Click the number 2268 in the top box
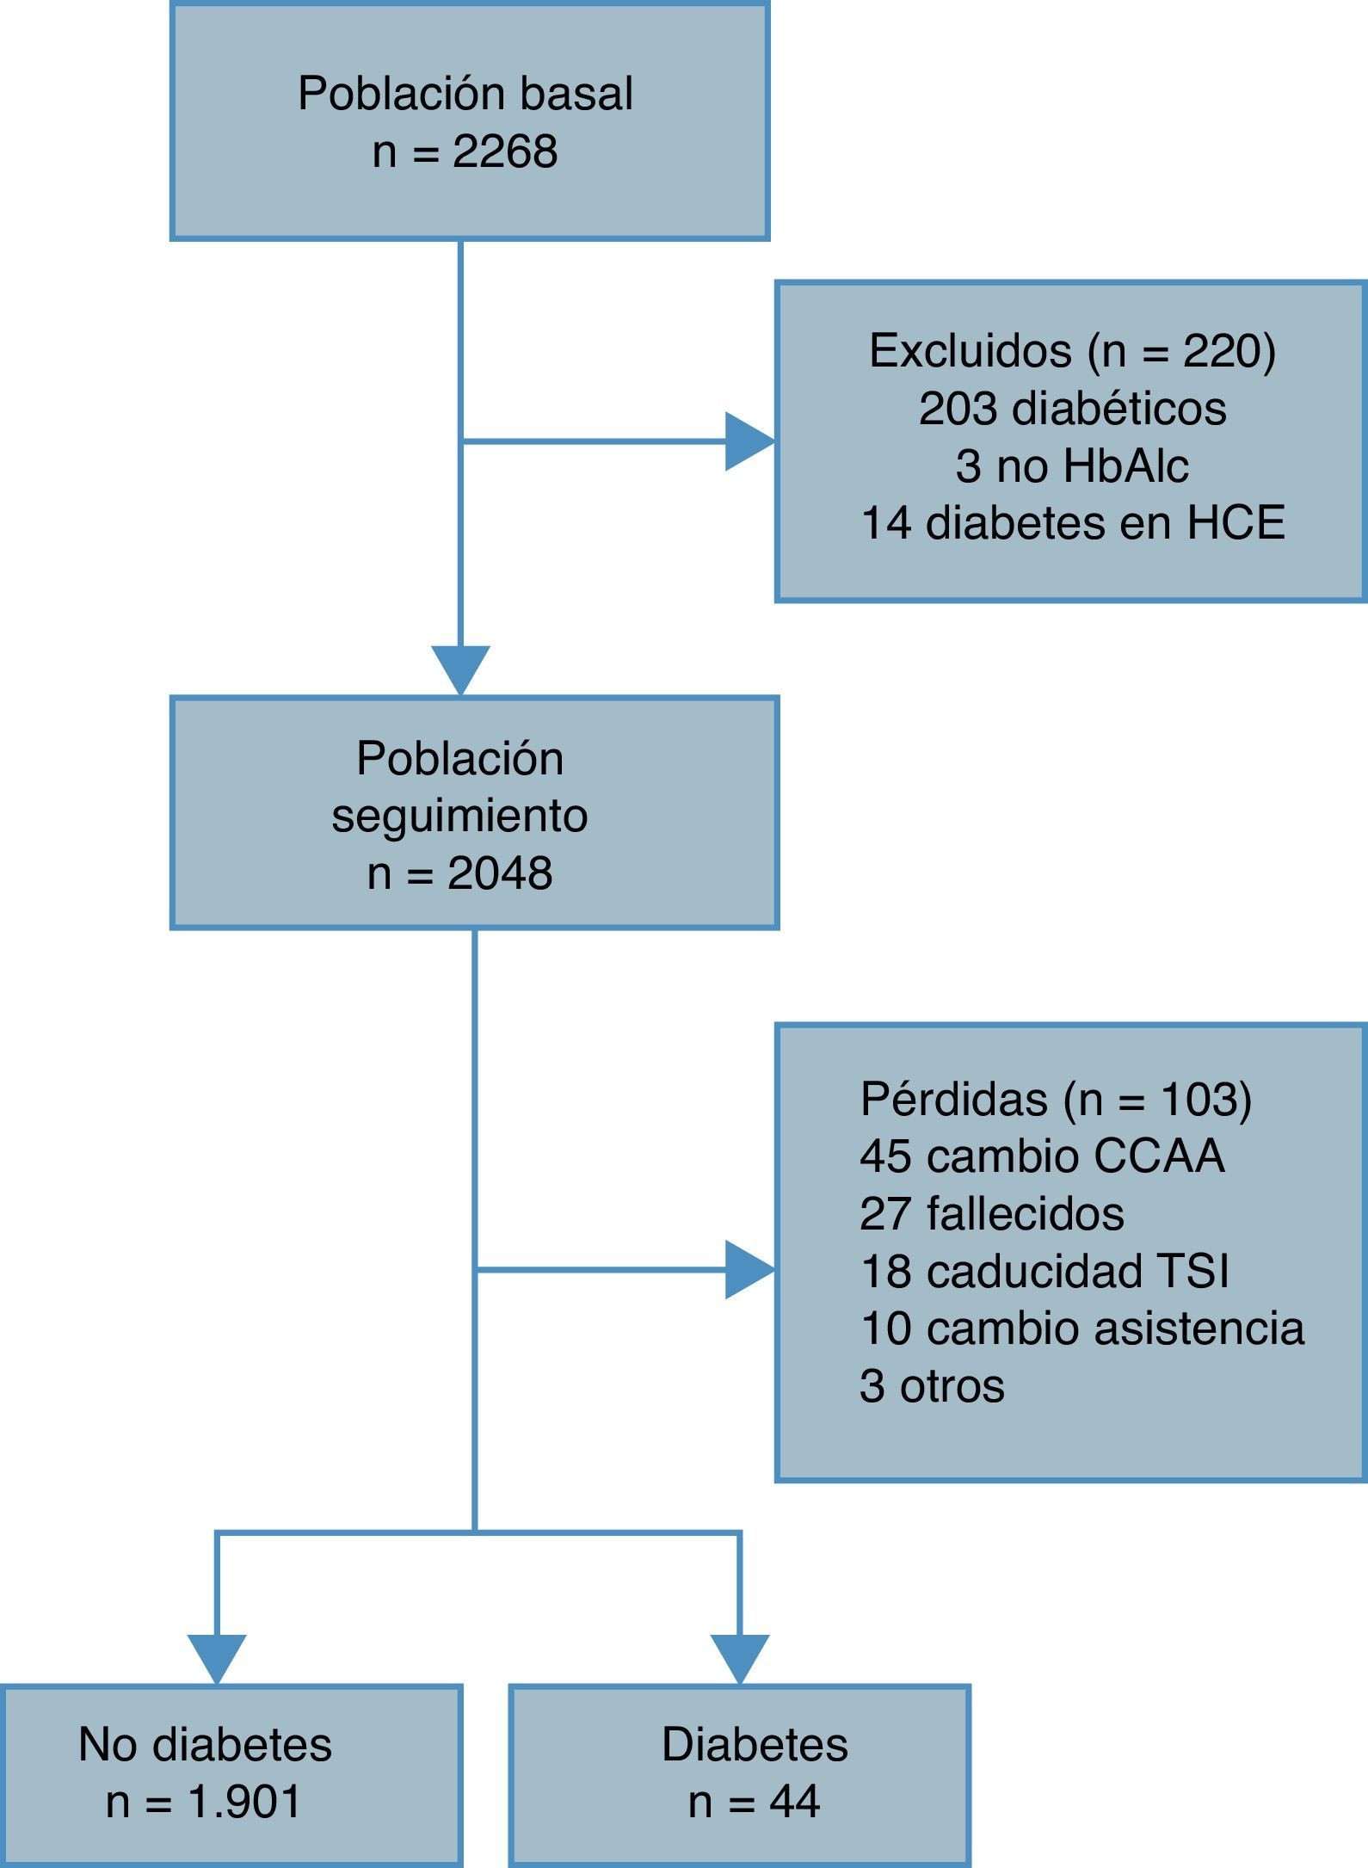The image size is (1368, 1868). tap(505, 152)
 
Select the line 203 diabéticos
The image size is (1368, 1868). tap(1072, 408)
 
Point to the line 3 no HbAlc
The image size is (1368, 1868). tap(1072, 466)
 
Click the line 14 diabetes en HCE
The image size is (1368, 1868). tap(1072, 523)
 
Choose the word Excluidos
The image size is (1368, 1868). tap(971, 351)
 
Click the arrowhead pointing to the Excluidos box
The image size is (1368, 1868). tap(749, 441)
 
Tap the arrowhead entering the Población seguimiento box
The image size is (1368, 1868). tap(460, 669)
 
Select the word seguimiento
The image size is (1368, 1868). tap(459, 816)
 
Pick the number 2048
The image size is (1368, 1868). tap(500, 874)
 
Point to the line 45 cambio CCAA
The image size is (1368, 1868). tap(1041, 1156)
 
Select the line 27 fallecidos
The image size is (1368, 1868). tap(991, 1213)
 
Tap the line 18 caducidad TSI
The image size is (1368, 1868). tap(1044, 1271)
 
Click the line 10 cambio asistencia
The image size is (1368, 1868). tap(1081, 1328)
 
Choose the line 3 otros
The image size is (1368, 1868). tap(932, 1385)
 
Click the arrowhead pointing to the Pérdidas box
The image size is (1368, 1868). tap(749, 1269)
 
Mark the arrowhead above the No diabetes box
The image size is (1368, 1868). tap(217, 1657)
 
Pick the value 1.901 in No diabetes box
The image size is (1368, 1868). tap(245, 1802)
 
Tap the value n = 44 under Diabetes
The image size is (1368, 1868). tap(754, 1802)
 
